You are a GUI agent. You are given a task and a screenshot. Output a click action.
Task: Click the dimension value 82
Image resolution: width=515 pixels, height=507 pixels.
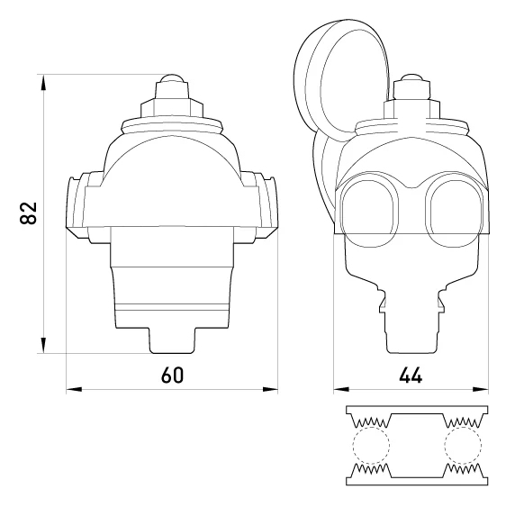click(28, 213)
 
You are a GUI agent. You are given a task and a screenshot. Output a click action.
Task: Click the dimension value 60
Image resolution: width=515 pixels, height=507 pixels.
click(173, 375)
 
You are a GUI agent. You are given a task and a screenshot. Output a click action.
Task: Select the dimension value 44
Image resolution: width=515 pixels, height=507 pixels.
click(411, 375)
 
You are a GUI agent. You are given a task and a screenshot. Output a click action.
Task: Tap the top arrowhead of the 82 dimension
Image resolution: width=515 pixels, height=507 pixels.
click(43, 82)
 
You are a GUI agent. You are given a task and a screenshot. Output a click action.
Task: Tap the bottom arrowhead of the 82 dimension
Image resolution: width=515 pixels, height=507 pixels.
click(43, 345)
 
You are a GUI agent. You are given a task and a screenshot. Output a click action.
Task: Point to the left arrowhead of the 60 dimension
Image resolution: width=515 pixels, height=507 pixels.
click(74, 389)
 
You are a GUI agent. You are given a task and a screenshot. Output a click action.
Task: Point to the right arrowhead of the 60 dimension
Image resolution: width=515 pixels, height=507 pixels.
click(270, 389)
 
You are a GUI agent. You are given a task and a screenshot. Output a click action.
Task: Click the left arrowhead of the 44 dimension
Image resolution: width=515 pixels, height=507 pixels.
click(341, 389)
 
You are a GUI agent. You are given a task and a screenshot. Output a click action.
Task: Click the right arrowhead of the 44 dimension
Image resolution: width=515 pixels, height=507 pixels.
click(481, 389)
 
